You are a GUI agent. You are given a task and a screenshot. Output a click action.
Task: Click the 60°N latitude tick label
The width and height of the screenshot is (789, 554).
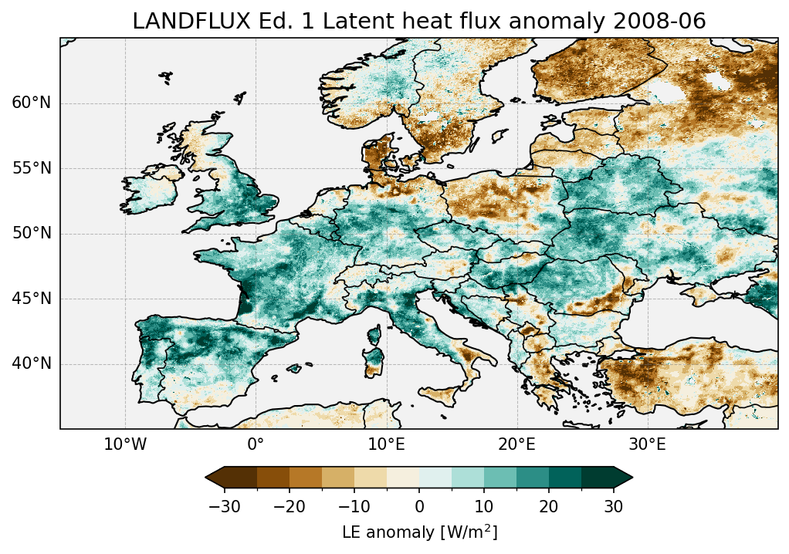[x=31, y=103]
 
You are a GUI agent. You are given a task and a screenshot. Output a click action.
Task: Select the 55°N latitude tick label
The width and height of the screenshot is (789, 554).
[x=31, y=169]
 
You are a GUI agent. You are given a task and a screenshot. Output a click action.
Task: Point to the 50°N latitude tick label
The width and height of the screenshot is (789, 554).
[x=31, y=234]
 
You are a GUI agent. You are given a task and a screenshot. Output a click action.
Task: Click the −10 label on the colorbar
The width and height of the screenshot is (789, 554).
[x=351, y=506]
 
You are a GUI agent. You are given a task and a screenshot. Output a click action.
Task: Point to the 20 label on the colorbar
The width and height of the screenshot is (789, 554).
[x=549, y=506]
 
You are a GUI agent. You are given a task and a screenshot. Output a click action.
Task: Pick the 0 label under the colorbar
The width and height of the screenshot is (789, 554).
[x=419, y=506]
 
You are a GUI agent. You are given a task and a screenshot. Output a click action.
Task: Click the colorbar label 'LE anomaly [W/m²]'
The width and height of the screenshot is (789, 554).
[x=419, y=532]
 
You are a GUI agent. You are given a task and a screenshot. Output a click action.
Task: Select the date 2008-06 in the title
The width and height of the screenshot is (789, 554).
[x=665, y=22]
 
